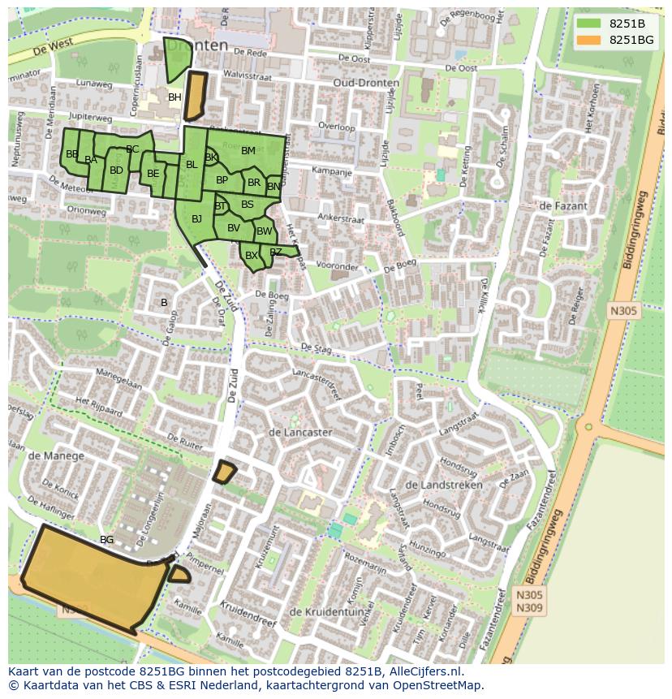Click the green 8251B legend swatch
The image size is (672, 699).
(x=589, y=24)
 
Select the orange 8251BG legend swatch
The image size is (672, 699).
(x=589, y=40)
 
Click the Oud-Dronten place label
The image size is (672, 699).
(x=365, y=84)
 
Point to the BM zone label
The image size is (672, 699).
(x=248, y=150)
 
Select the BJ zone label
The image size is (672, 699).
(x=196, y=218)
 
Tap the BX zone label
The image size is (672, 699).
(x=252, y=256)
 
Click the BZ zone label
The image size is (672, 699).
(x=276, y=252)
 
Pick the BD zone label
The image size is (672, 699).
(x=116, y=170)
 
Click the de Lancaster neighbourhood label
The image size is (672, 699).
(x=299, y=433)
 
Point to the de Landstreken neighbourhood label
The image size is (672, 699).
(x=443, y=485)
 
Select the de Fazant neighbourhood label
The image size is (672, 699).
(x=562, y=206)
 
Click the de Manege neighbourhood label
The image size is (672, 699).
(x=56, y=455)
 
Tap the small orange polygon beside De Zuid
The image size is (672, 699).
(x=224, y=472)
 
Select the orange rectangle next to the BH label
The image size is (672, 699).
(x=196, y=96)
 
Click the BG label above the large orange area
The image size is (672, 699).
(x=106, y=539)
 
